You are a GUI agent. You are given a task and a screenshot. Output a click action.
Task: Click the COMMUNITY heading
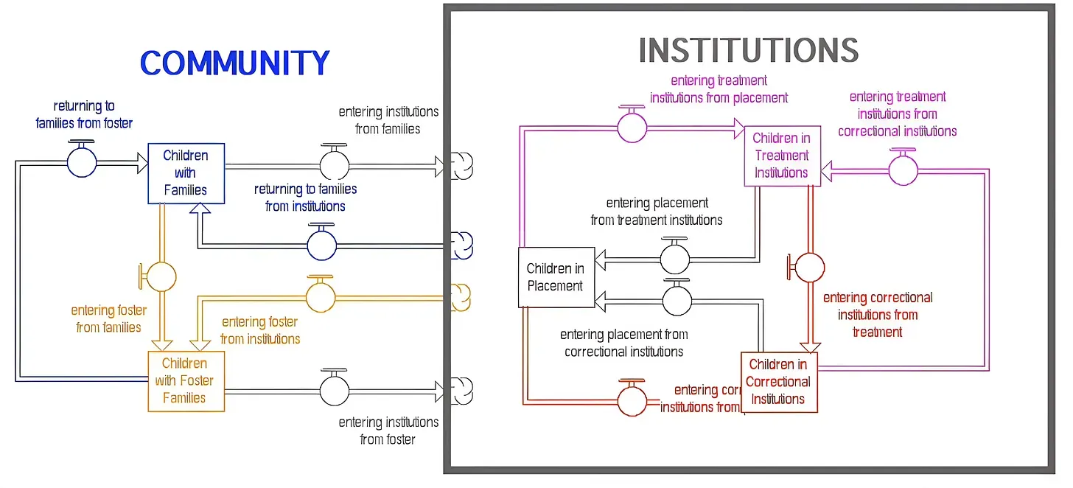[x=234, y=63]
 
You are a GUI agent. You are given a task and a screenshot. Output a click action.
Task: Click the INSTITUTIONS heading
[x=748, y=51]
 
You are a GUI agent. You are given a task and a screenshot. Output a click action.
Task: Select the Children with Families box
[x=186, y=173]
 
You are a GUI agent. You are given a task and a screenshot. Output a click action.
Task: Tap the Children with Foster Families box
[x=186, y=381]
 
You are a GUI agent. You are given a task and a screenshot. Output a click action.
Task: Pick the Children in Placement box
[x=556, y=277]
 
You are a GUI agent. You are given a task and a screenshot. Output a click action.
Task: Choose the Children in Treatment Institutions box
[x=781, y=156]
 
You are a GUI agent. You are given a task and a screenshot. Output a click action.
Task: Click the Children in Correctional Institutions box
[x=779, y=382]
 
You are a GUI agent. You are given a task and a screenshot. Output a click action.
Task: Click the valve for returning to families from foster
[x=82, y=162]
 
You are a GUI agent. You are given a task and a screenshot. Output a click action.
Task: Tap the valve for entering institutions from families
[x=335, y=163]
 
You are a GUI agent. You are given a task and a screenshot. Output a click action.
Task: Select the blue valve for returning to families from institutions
[x=321, y=245]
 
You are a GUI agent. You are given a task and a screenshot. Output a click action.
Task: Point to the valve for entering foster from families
[x=161, y=276]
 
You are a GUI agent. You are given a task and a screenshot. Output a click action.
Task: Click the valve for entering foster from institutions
[x=320, y=296]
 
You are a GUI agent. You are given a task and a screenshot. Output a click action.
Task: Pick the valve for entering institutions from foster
[x=335, y=390]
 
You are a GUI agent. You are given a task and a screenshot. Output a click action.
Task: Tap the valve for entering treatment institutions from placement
[x=632, y=127]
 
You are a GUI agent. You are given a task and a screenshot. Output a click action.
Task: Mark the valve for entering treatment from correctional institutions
[x=903, y=170]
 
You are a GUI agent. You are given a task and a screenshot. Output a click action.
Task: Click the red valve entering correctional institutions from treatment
[x=810, y=267]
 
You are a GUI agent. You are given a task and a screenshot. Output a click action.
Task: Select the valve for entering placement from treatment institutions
[x=674, y=259]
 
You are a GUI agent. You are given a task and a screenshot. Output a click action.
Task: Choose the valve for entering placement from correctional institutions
[x=677, y=300]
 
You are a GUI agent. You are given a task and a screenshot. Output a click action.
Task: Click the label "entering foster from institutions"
[x=260, y=331]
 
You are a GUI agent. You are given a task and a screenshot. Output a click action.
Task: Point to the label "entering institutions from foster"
[x=388, y=431]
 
